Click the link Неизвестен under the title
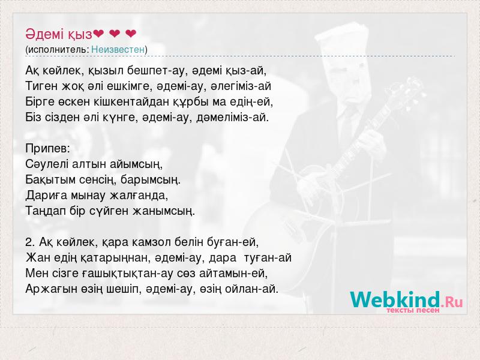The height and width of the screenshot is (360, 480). point(118,49)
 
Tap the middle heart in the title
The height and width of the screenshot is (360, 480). point(115,34)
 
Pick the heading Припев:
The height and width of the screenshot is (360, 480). point(48,149)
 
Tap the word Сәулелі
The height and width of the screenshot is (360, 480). point(47,164)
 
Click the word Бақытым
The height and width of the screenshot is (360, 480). point(50,179)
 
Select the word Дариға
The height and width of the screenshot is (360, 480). point(46,196)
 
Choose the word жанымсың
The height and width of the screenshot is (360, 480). point(163,211)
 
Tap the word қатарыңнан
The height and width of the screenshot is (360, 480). point(116,258)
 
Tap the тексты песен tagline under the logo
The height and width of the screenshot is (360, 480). point(413,310)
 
